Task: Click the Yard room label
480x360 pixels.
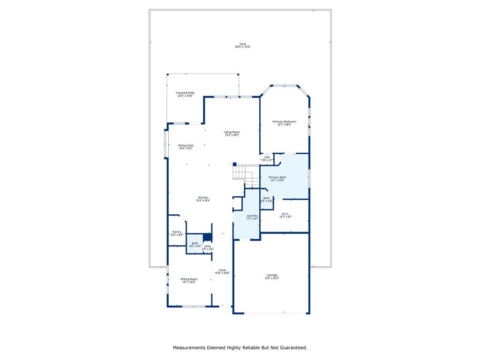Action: pyautogui.click(x=242, y=44)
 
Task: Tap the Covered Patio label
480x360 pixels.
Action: pyautogui.click(x=185, y=93)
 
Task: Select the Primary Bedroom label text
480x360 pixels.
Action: pyautogui.click(x=284, y=121)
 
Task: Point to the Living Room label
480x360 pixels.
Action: pyautogui.click(x=232, y=132)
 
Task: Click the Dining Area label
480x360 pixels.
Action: pyautogui.click(x=186, y=145)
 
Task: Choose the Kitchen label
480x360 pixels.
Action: pyautogui.click(x=203, y=197)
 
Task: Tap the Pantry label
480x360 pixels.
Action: pyautogui.click(x=176, y=232)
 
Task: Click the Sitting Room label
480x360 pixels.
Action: pyautogui.click(x=189, y=279)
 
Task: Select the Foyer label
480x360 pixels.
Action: pyautogui.click(x=222, y=270)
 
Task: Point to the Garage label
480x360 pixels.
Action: pyautogui.click(x=272, y=275)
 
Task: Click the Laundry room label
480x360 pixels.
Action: pyautogui.click(x=252, y=216)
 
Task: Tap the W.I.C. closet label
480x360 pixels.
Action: pyautogui.click(x=285, y=214)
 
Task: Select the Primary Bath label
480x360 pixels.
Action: pyautogui.click(x=277, y=177)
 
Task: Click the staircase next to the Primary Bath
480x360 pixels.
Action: pyautogui.click(x=245, y=175)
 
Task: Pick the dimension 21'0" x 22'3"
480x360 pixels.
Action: pyautogui.click(x=272, y=278)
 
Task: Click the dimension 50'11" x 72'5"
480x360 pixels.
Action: pyautogui.click(x=242, y=47)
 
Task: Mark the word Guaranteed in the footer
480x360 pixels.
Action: pyautogui.click(x=292, y=348)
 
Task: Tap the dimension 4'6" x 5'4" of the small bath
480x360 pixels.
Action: pyautogui.click(x=195, y=246)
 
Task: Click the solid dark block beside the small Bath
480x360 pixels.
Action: pyautogui.click(x=207, y=237)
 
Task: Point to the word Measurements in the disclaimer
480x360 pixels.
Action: pyautogui.click(x=189, y=348)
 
